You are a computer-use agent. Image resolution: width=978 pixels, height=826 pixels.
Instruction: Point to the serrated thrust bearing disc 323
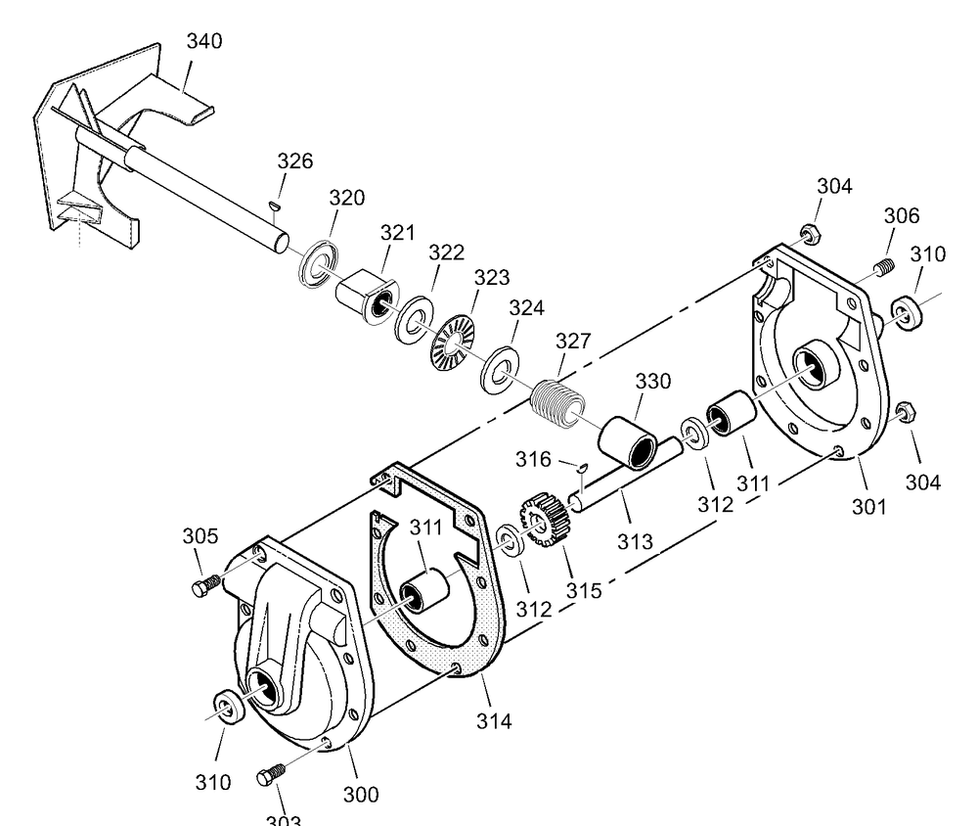pos(452,342)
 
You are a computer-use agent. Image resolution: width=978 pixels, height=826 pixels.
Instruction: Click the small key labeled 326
pos(275,206)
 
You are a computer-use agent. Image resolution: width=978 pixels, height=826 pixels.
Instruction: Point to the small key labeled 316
pos(580,467)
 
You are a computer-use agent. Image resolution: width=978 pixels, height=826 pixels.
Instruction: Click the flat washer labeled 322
pos(415,318)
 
